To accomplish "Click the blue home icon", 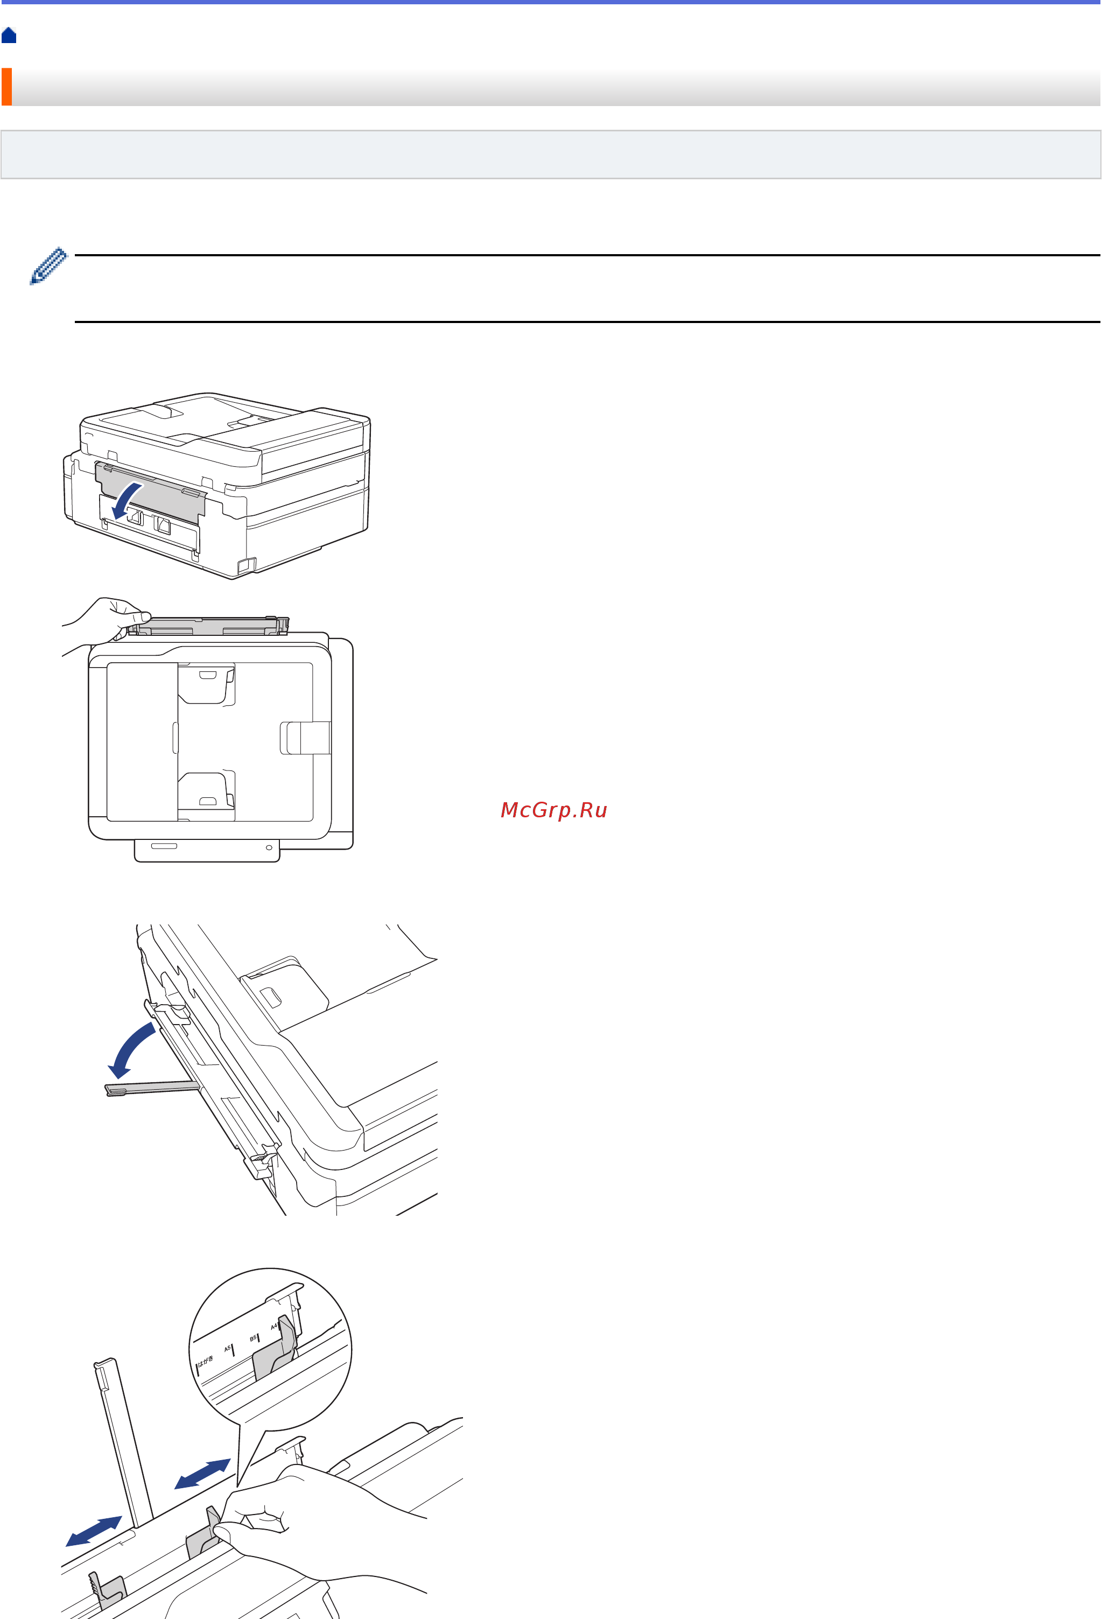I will [x=9, y=36].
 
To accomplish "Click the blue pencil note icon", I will [x=48, y=266].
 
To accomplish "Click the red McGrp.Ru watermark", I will [x=554, y=810].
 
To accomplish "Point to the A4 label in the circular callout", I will [x=274, y=1327].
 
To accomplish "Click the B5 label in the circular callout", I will [x=253, y=1338].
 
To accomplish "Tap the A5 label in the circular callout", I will [x=227, y=1349].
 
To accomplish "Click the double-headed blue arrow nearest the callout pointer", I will [x=202, y=1474].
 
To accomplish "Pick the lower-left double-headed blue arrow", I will [x=93, y=1531].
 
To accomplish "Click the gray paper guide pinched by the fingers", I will [x=203, y=1536].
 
